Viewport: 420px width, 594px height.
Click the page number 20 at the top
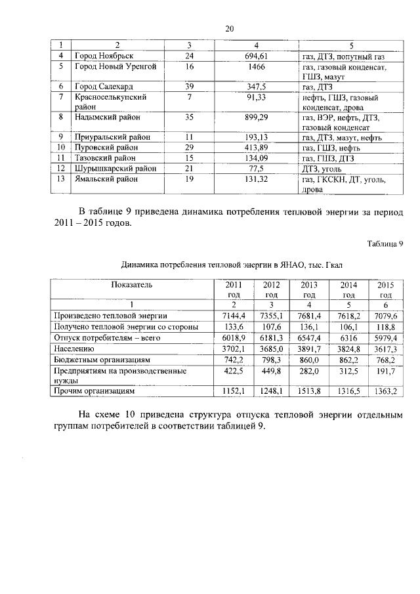[229, 28]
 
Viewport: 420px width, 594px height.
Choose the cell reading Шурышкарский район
[116, 169]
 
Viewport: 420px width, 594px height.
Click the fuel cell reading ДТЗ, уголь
[322, 169]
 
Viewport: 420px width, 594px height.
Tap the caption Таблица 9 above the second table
[385, 244]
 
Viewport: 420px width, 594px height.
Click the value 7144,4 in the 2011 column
[234, 316]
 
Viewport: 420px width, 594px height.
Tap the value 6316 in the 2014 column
[346, 338]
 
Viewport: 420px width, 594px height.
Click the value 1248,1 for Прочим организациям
[271, 391]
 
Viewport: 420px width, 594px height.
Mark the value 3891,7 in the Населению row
[309, 349]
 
